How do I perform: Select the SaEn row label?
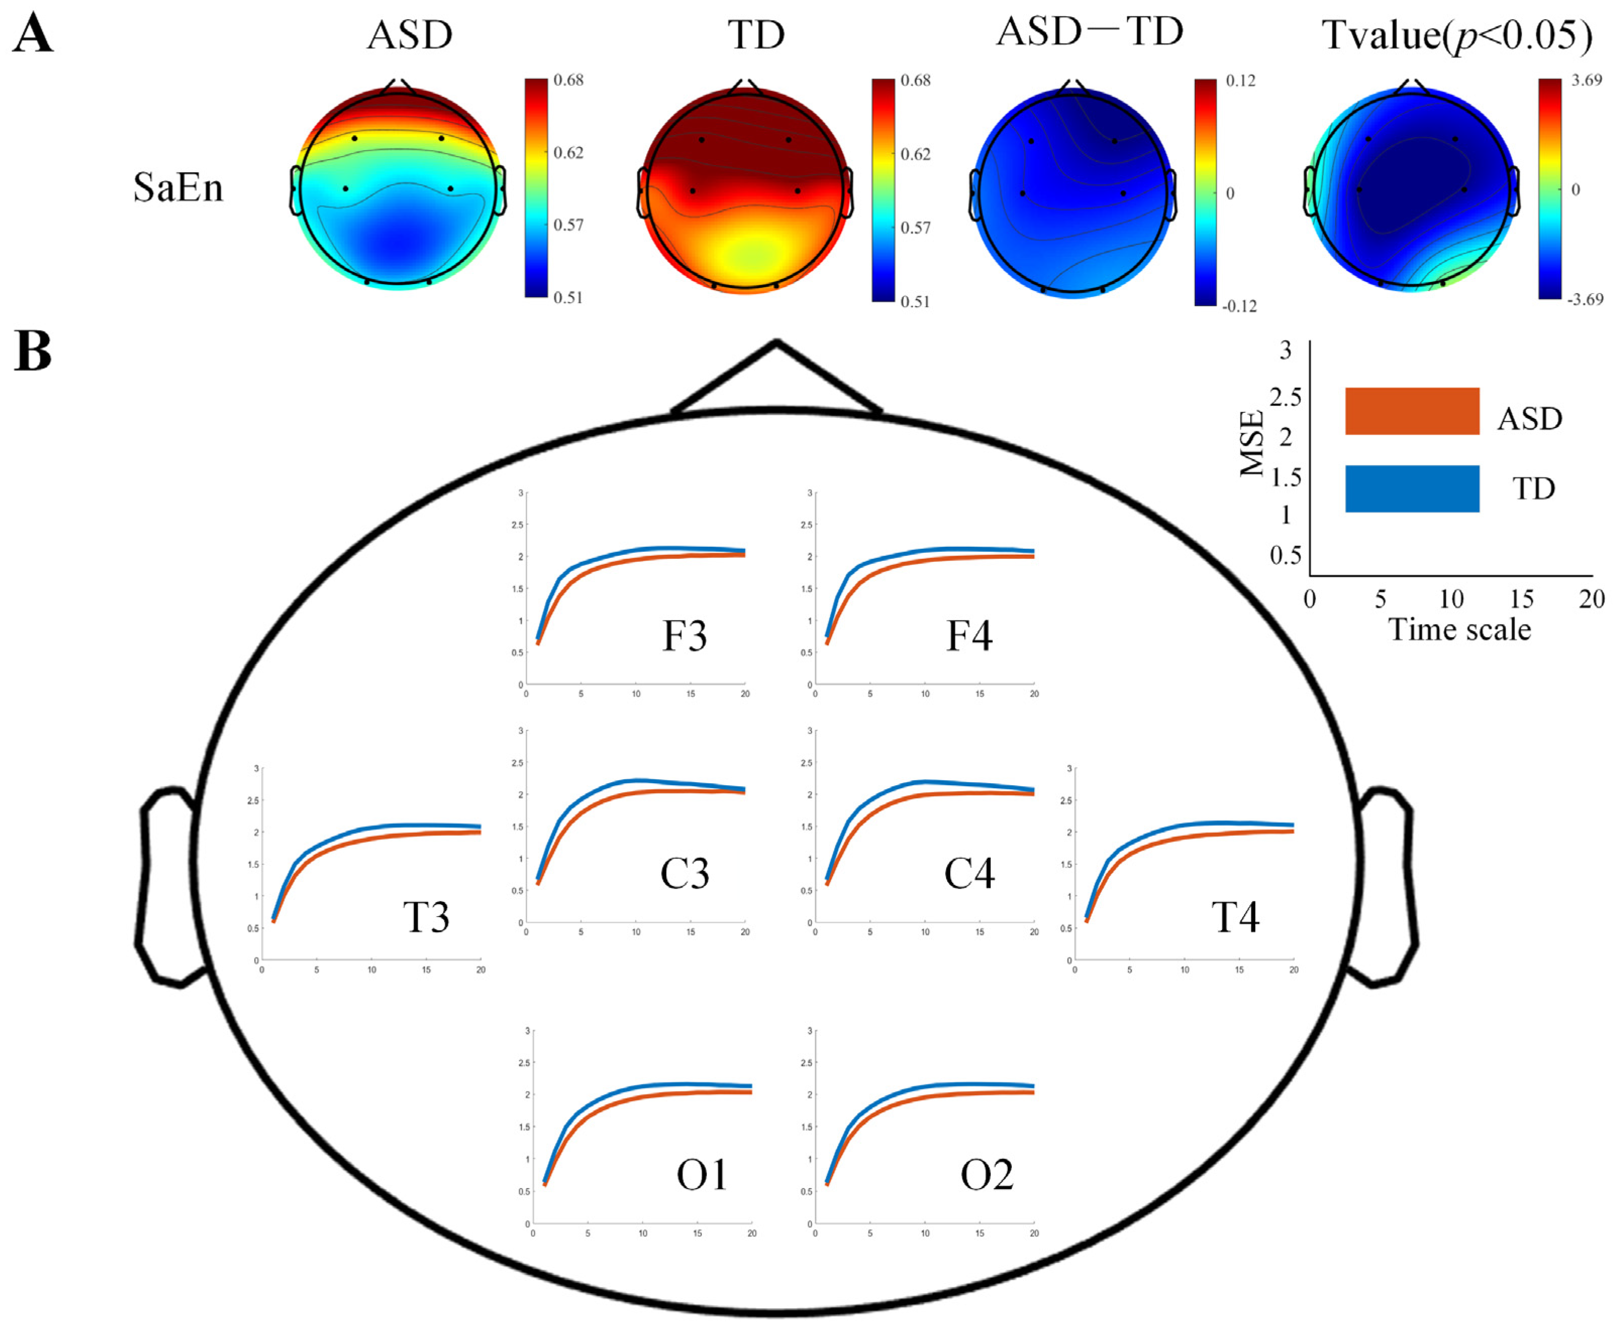(178, 187)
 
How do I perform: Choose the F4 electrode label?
(969, 636)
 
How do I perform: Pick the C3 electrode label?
(684, 874)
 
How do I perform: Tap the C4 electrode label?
(969, 874)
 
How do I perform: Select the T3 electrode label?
(425, 916)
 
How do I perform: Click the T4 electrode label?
(1235, 916)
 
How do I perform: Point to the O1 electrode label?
(702, 1175)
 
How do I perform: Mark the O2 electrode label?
(987, 1175)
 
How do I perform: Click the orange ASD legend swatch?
(1411, 411)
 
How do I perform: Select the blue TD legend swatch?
(1411, 489)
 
